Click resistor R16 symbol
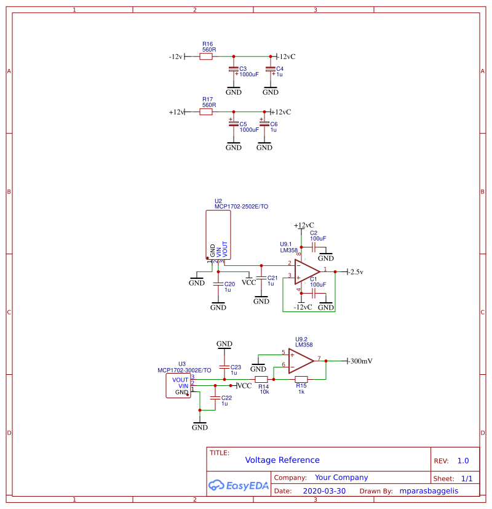pyautogui.click(x=206, y=56)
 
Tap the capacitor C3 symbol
pyautogui.click(x=233, y=70)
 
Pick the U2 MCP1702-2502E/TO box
pyautogui.click(x=218, y=234)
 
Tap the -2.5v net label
pyautogui.click(x=356, y=272)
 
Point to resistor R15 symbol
pyautogui.click(x=301, y=379)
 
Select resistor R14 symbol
pyautogui.click(x=261, y=379)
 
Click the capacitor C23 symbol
pyautogui.click(x=224, y=367)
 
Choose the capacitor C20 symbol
pyautogui.click(x=218, y=284)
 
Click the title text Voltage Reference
pyautogui.click(x=282, y=460)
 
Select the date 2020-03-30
pyautogui.click(x=324, y=491)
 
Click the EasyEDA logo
pyautogui.click(x=239, y=485)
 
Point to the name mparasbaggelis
pyautogui.click(x=429, y=491)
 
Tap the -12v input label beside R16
pyautogui.click(x=176, y=57)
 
